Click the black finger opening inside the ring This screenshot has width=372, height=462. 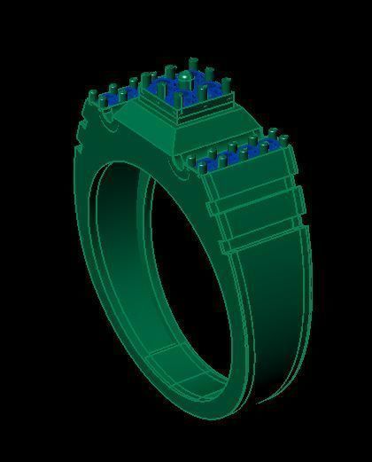pyautogui.click(x=177, y=266)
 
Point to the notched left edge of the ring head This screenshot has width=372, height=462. pyautogui.click(x=83, y=133)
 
